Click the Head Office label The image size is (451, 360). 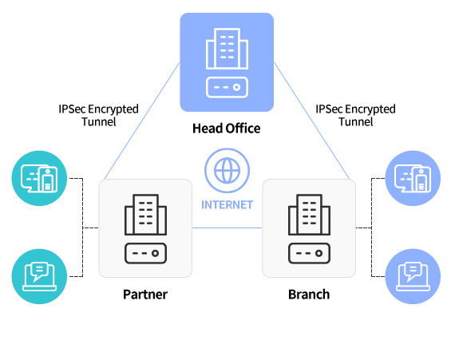pos(227,129)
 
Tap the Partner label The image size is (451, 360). pos(145,295)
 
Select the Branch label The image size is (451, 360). pos(309,295)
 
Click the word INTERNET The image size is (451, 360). pos(227,204)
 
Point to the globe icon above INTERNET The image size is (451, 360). pos(227,171)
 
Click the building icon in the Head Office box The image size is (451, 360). pos(227,49)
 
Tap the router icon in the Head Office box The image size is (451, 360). pos(227,87)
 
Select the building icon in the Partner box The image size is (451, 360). pos(145,215)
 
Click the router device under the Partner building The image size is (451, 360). pos(145,253)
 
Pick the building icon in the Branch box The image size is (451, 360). pos(309,215)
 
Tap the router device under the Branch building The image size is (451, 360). pos(309,253)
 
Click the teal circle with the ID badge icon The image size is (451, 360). pos(39,178)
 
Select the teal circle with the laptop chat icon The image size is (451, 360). pos(39,276)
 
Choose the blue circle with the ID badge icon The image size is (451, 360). pos(413,178)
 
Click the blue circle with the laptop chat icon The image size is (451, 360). pos(413,276)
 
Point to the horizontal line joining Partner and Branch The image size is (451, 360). pos(227,228)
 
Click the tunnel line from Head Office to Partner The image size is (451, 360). pos(142,121)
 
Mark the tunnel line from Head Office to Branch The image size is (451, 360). pos(311,121)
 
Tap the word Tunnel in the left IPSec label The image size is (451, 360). pos(99,121)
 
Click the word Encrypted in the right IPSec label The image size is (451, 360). pos(370,109)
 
